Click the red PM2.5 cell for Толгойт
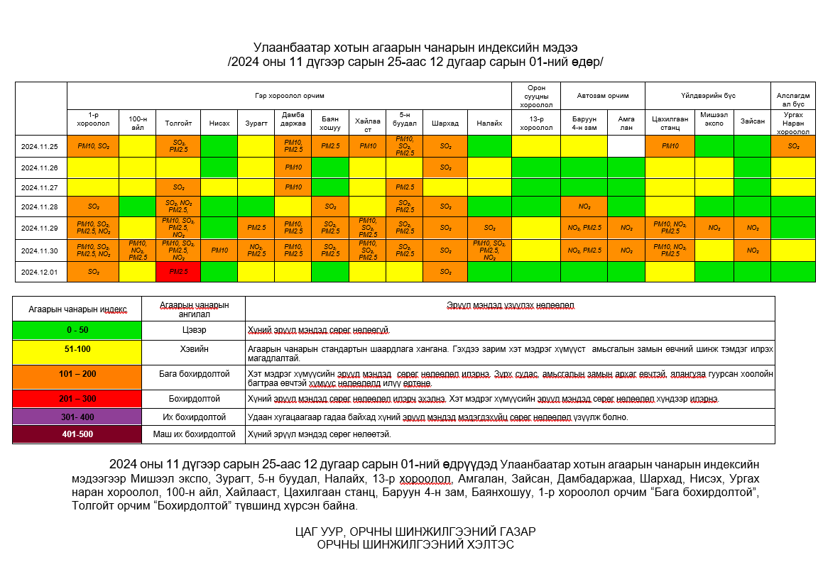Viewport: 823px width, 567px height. pos(178,271)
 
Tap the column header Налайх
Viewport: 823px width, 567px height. pos(489,123)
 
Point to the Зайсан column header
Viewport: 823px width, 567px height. pos(752,121)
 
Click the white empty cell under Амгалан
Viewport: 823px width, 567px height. pos(626,145)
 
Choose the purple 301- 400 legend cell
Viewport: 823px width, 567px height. pos(77,417)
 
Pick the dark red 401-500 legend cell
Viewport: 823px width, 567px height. pos(77,434)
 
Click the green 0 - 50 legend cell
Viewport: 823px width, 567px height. pos(77,330)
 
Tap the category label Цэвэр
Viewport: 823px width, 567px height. pos(193,330)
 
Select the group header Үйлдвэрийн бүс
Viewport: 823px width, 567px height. pos(708,95)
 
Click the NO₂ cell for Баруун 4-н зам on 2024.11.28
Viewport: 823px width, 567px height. pos(584,207)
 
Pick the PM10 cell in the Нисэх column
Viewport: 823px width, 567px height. pos(219,251)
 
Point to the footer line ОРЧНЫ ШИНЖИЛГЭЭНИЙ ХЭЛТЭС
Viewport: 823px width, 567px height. pos(415,544)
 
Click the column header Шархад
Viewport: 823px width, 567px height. pos(445,123)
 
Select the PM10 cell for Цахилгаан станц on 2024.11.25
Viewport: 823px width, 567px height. pos(670,145)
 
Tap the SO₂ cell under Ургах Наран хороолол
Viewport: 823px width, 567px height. pos(793,145)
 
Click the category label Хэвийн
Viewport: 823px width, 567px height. pos(193,349)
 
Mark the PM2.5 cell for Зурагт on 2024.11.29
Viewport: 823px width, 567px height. pos(256,228)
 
